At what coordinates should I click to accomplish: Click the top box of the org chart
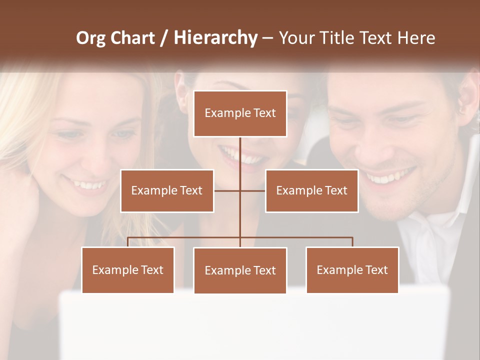[x=240, y=113]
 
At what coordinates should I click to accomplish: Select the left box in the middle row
[x=167, y=190]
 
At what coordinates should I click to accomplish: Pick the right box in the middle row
[x=311, y=190]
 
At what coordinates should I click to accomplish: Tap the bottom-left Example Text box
[x=127, y=270]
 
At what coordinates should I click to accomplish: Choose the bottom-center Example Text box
[x=240, y=270]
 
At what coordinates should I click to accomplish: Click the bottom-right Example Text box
[x=352, y=270]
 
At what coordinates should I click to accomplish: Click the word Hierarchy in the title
[x=215, y=37]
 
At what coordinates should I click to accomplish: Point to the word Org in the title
[x=90, y=37]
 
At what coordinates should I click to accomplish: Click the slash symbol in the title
[x=164, y=38]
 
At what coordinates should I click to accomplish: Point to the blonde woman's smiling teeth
[x=90, y=185]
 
